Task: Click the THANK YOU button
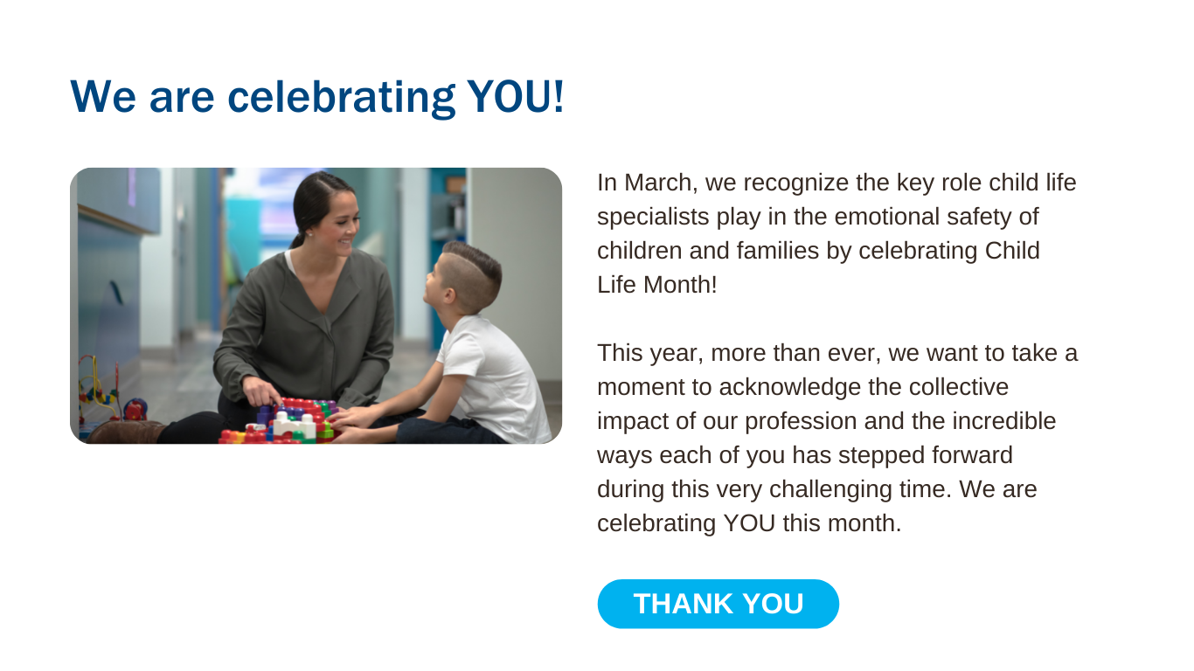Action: [x=718, y=604]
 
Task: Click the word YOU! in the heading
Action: [x=515, y=96]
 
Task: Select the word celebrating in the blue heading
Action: [x=342, y=99]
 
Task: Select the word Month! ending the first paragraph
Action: [x=680, y=285]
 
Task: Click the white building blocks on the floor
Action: [x=295, y=425]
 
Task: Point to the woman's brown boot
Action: [x=126, y=432]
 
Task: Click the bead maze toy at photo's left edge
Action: [x=99, y=390]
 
